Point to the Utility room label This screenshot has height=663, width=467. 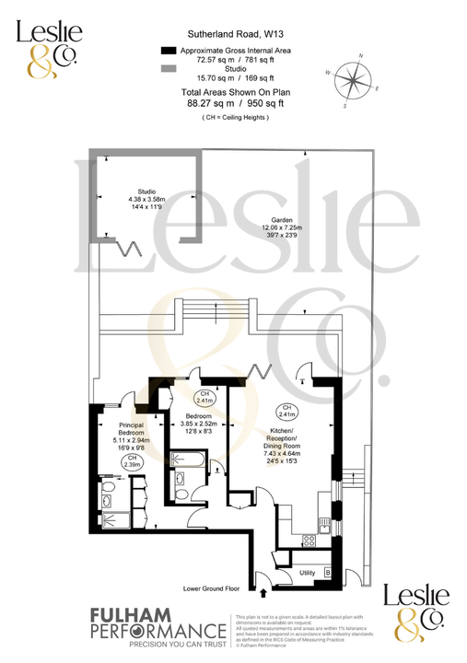307,573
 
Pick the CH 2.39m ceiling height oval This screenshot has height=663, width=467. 132,462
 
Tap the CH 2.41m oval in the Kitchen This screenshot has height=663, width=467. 286,412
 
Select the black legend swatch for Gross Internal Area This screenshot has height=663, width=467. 169,50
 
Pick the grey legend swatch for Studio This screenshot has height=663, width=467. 169,69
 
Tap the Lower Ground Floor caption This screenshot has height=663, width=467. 212,587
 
